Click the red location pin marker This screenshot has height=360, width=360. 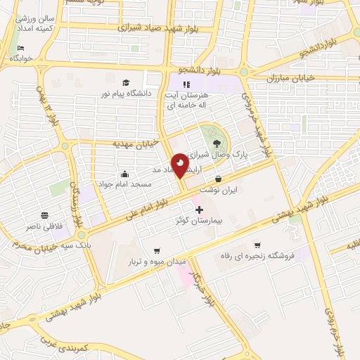click(x=180, y=164)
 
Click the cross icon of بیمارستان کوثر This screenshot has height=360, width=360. click(x=199, y=210)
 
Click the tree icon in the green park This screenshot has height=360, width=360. click(x=215, y=143)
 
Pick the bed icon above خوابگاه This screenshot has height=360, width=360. click(x=20, y=49)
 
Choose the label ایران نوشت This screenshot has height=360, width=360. click(x=219, y=190)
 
